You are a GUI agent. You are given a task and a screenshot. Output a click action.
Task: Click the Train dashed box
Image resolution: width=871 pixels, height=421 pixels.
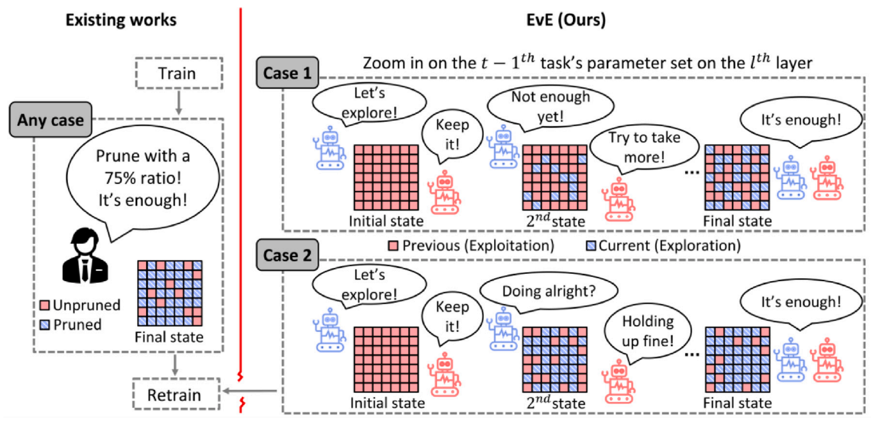179,73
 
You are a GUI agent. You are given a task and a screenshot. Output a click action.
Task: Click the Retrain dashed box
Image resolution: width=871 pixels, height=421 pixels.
176,394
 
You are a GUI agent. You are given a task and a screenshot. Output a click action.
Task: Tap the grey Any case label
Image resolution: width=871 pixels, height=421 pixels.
51,119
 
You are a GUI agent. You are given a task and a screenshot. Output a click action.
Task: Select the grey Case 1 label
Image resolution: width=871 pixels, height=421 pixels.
287,73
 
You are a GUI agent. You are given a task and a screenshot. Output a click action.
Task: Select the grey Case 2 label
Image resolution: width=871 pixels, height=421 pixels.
287,255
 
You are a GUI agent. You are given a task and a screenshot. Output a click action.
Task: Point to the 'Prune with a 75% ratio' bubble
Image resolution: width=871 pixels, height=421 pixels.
143,178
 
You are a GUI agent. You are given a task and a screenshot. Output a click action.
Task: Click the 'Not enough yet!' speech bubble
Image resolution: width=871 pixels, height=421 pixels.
550,106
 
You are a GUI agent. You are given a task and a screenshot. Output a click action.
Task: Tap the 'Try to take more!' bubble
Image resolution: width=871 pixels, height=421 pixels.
644,148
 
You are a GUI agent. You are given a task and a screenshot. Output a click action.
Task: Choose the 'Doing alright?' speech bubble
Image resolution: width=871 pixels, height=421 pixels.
549,291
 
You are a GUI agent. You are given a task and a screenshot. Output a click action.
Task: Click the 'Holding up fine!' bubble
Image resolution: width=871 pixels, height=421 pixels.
648,331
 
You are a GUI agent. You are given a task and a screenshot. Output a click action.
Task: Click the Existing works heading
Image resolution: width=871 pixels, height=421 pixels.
121,20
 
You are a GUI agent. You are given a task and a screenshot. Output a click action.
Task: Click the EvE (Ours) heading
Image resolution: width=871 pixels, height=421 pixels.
566,20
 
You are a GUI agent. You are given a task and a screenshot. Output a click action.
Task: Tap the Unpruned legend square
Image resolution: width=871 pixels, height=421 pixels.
45,305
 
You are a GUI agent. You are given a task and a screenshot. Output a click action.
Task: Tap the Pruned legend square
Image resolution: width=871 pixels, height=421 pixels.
45,325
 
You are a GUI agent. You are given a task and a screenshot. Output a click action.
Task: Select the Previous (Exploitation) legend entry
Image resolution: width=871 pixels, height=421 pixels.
471,245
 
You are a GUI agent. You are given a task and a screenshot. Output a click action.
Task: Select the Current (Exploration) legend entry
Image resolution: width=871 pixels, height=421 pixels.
663,245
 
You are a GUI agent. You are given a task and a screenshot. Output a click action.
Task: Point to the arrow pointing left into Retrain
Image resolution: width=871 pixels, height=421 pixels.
250,390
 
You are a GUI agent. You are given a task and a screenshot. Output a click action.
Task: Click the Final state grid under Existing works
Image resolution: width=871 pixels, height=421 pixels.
170,293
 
